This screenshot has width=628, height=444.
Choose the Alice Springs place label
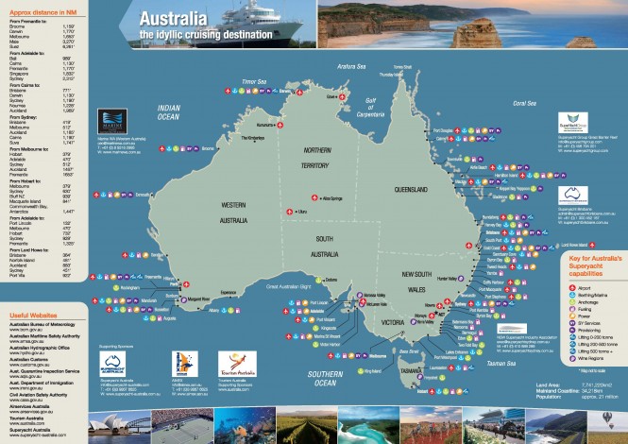click(333, 197)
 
